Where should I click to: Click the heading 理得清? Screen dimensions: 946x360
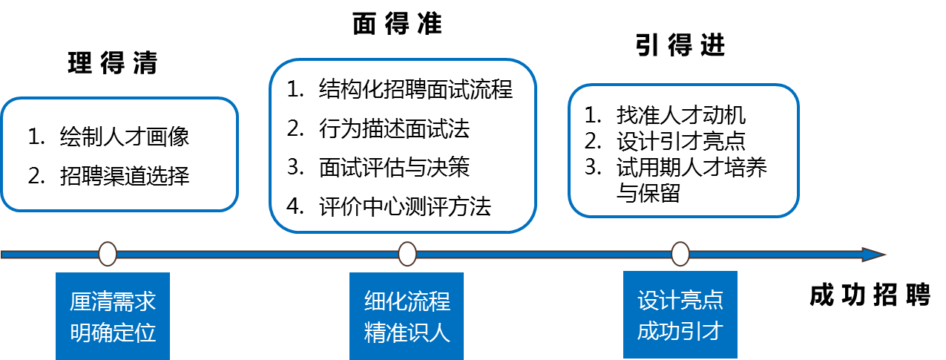coord(113,63)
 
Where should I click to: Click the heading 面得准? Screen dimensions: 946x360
coord(398,24)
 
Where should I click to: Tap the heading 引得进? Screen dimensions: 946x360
coord(680,45)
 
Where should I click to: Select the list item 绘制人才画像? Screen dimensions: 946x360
coord(124,137)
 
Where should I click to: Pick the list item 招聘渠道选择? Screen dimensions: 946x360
coord(124,176)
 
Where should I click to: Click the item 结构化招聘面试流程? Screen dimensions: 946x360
coord(415,89)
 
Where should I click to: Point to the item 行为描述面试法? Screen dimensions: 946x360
coord(394,128)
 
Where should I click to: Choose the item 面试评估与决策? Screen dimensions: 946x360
coord(394,167)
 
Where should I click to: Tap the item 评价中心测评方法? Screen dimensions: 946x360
coord(404,206)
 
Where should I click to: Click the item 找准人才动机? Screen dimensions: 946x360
coord(681,115)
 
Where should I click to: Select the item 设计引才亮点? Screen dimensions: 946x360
coord(681,141)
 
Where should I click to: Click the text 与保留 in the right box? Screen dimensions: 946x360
coord(648,193)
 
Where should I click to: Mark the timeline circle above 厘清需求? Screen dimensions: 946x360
coord(108,254)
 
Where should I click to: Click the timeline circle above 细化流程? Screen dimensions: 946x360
coord(407,254)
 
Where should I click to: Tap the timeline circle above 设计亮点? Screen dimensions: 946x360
coord(680,254)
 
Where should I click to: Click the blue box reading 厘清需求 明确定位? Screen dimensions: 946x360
coord(113,316)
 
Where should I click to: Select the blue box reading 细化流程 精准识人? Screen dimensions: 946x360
coord(407,316)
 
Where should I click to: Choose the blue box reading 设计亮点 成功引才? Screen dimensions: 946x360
coord(680,315)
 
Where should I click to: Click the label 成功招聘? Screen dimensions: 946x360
coord(870,295)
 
